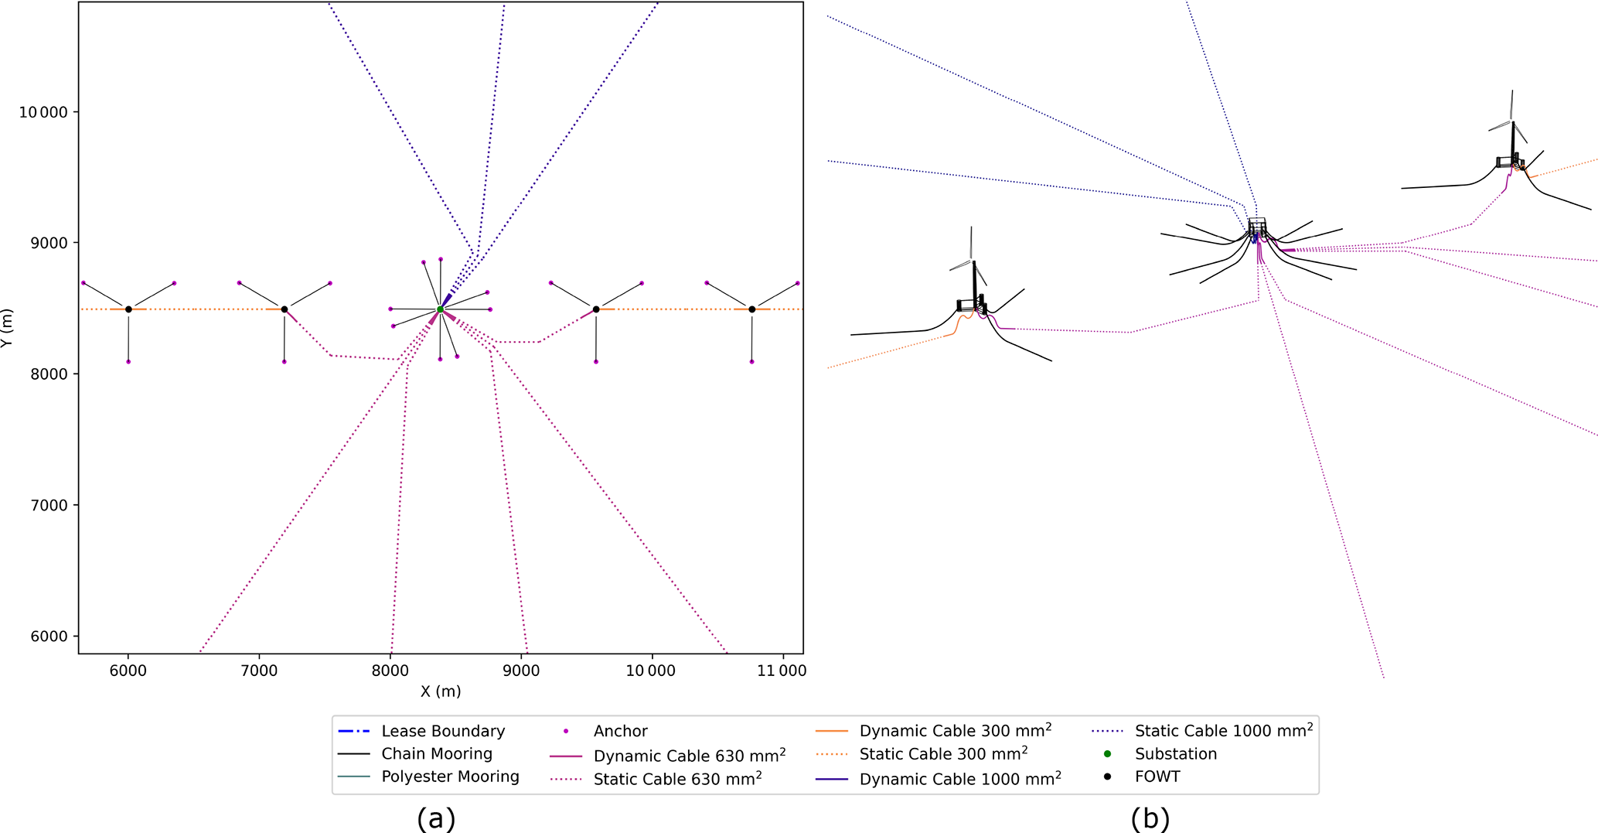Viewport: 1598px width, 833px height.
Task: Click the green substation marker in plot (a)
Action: pos(440,309)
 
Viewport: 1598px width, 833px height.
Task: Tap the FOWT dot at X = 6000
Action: pos(128,309)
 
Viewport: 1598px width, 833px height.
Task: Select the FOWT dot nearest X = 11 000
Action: pos(751,309)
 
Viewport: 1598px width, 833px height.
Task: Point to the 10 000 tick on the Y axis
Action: pos(43,113)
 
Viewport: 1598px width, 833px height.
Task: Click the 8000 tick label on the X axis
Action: pos(390,671)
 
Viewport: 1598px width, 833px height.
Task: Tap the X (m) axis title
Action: pos(441,691)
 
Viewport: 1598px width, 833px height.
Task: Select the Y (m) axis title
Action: pos(7,328)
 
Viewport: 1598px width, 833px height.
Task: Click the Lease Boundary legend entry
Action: pos(442,731)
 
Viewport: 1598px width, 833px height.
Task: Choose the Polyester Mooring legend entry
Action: pos(450,777)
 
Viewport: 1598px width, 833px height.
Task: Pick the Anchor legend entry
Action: pos(620,731)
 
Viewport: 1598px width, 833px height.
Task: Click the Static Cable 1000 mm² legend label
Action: pos(1223,731)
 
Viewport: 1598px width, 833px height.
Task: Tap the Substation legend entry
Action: pos(1175,754)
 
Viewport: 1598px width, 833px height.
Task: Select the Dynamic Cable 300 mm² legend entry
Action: pos(955,731)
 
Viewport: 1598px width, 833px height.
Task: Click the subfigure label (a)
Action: pos(436,818)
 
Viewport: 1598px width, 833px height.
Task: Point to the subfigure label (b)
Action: pos(1150,818)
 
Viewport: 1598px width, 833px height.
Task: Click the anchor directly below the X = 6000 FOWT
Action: pos(128,362)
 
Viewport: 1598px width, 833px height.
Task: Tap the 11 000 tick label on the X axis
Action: pos(781,671)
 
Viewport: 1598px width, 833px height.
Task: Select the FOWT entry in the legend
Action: pos(1157,777)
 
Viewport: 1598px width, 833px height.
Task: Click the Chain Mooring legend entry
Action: pos(436,754)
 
